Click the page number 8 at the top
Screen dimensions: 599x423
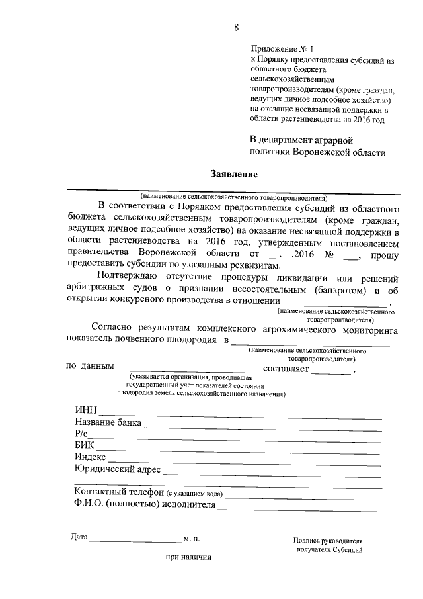(236, 27)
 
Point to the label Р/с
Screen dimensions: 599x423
(81, 433)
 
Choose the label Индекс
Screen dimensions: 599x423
(91, 457)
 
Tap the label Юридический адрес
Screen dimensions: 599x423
(118, 469)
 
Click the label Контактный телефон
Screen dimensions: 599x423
(119, 493)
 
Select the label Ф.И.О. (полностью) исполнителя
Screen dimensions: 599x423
(145, 505)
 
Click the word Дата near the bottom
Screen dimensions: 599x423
(79, 537)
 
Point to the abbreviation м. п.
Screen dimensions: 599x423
(192, 539)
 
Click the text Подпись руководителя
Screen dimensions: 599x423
(328, 540)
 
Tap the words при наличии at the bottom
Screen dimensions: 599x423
(188, 557)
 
